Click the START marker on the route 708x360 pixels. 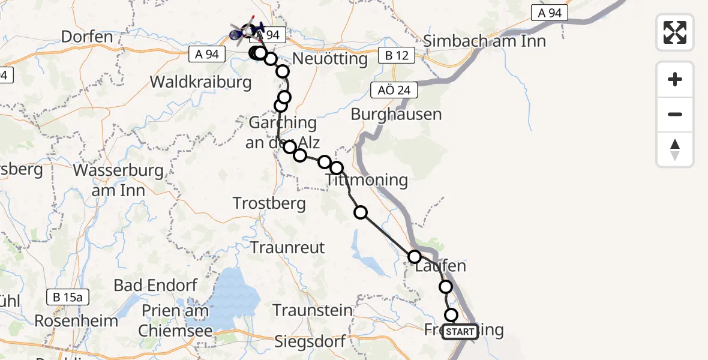point(460,331)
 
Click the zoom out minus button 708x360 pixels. point(675,115)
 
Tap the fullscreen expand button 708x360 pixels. point(675,32)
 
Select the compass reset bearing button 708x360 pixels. point(675,149)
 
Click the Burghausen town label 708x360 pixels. point(396,114)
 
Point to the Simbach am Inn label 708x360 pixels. point(485,41)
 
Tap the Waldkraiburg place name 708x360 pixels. point(201,82)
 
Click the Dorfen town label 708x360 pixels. point(87,37)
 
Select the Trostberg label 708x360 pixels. point(269,203)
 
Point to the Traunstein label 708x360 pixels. point(313,310)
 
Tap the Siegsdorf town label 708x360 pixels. point(310,342)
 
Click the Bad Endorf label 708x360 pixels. point(155,285)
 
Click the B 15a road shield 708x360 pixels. point(68,296)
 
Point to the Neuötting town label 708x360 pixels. point(330,59)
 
